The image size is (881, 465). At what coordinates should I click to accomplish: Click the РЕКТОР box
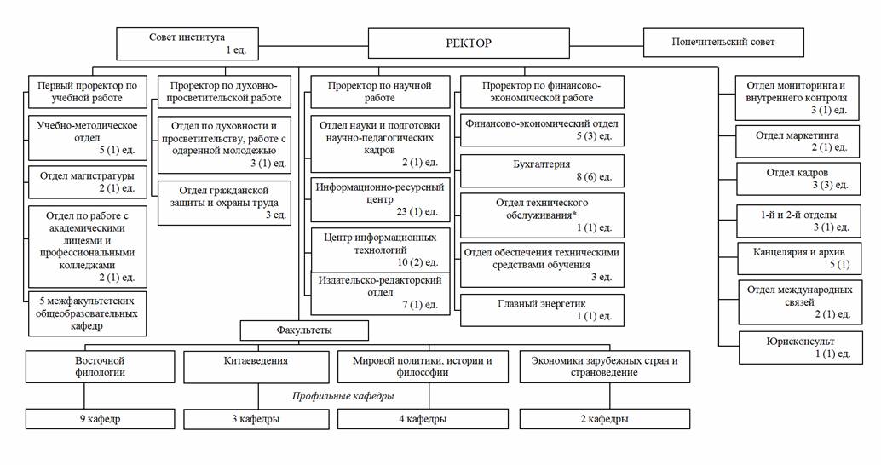pyautogui.click(x=468, y=43)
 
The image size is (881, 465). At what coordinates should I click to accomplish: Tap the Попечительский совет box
pyautogui.click(x=723, y=41)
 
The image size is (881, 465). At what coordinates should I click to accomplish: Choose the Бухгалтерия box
pyautogui.click(x=542, y=169)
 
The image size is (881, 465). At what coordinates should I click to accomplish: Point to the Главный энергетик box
pyautogui.click(x=542, y=309)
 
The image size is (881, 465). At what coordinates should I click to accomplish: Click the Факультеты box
pyautogui.click(x=304, y=329)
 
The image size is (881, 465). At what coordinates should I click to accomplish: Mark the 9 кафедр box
pyautogui.click(x=101, y=419)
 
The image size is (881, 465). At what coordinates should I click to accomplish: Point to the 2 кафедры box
pyautogui.click(x=604, y=419)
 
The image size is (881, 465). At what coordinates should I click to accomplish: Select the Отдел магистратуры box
pyautogui.click(x=87, y=181)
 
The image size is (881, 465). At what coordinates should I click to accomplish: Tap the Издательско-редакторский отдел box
pyautogui.click(x=378, y=291)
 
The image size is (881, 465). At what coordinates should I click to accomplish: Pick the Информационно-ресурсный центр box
pyautogui.click(x=378, y=198)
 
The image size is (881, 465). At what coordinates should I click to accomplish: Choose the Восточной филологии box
pyautogui.click(x=101, y=367)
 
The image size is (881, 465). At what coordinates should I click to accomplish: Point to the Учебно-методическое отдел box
pyautogui.click(x=87, y=136)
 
